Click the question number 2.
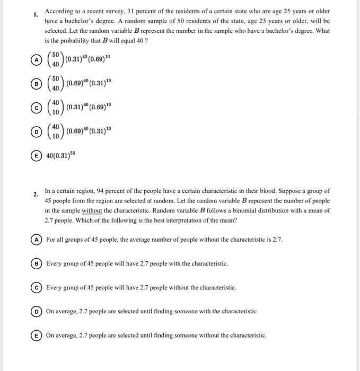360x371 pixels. click(35, 195)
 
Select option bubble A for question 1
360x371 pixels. click(36, 60)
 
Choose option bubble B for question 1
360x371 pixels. click(36, 84)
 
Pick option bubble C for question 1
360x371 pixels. click(36, 108)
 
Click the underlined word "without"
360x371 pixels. click(92, 210)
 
